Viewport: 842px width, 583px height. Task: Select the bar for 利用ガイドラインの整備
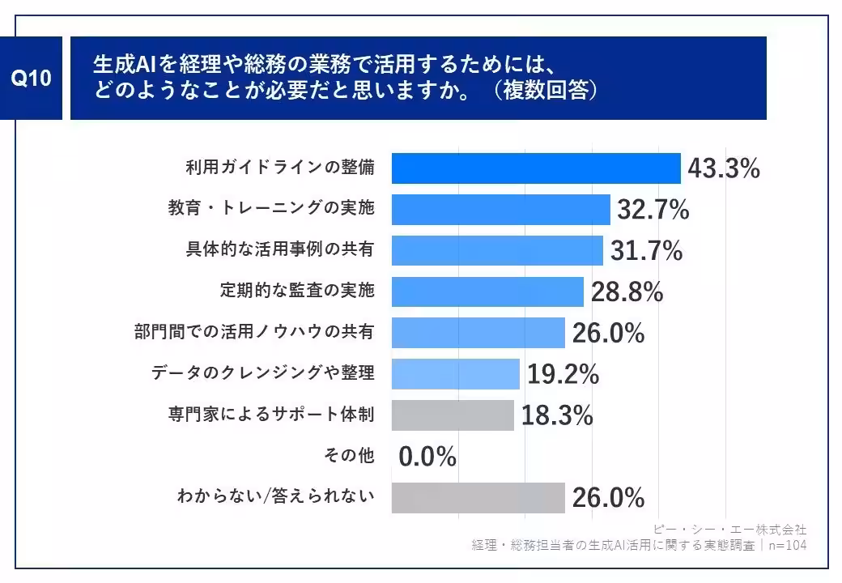[x=536, y=168]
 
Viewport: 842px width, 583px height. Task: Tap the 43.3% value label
[x=724, y=168]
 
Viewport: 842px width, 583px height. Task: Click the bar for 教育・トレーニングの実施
[x=500, y=210]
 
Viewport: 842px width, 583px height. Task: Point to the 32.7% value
[x=653, y=210]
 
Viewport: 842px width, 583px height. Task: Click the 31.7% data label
[x=646, y=251]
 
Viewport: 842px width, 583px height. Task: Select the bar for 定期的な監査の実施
[x=487, y=291]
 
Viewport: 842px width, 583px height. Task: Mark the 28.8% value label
[x=627, y=292]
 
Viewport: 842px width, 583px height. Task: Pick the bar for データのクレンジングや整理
[x=455, y=374]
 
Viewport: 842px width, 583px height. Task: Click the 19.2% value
[x=563, y=374]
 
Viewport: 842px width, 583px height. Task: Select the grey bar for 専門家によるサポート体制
[x=453, y=415]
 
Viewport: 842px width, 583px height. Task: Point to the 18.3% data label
[x=557, y=415]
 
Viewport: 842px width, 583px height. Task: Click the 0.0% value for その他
[x=427, y=457]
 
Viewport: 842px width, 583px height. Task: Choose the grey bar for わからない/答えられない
[x=478, y=497]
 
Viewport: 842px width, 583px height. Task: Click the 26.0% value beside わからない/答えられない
[x=608, y=497]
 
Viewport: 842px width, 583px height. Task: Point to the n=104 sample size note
[x=788, y=545]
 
